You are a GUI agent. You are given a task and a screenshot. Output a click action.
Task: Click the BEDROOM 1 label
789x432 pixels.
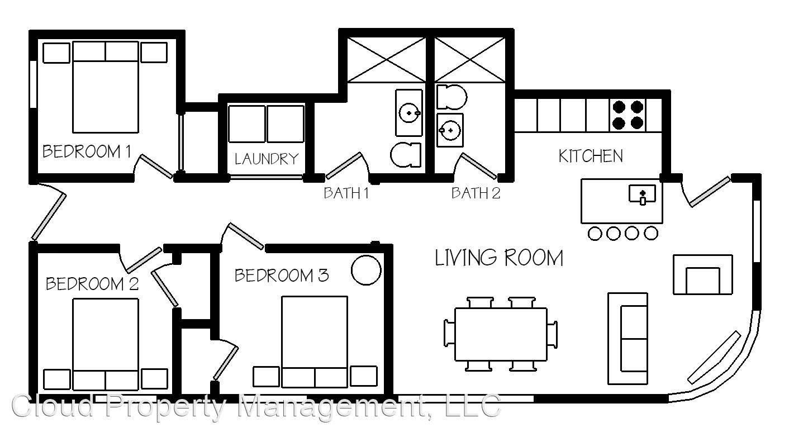tap(87, 151)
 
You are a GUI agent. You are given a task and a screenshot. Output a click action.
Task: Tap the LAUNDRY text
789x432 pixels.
tap(267, 159)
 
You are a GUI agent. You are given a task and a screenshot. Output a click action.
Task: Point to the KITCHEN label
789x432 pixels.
tap(591, 156)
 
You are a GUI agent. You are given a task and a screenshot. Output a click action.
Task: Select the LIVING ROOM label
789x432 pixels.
tap(499, 258)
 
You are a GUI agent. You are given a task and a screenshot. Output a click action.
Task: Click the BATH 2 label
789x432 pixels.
tap(476, 193)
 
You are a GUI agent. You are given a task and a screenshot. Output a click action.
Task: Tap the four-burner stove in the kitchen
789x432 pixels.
tap(628, 115)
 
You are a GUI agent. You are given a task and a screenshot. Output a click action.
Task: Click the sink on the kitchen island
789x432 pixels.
tap(643, 194)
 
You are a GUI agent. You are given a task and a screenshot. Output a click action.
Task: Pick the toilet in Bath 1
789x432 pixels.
tap(406, 155)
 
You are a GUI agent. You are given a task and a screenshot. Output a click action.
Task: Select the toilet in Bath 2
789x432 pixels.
tap(452, 97)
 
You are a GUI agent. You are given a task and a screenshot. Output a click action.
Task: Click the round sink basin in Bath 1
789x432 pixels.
tap(409, 113)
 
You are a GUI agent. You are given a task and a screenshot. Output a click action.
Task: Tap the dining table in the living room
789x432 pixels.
tap(501, 334)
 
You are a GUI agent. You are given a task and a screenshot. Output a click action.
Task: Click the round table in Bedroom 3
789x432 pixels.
tap(366, 270)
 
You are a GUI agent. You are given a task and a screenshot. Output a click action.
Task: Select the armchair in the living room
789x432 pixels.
tap(703, 274)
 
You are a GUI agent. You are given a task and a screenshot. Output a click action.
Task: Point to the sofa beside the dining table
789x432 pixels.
tap(628, 338)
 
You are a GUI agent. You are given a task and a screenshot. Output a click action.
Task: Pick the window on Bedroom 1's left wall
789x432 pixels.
tap(33, 84)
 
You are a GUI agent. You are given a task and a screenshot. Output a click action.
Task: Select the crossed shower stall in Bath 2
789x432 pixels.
tap(470, 60)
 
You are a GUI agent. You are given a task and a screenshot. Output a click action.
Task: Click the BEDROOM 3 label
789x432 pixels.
tap(282, 275)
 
